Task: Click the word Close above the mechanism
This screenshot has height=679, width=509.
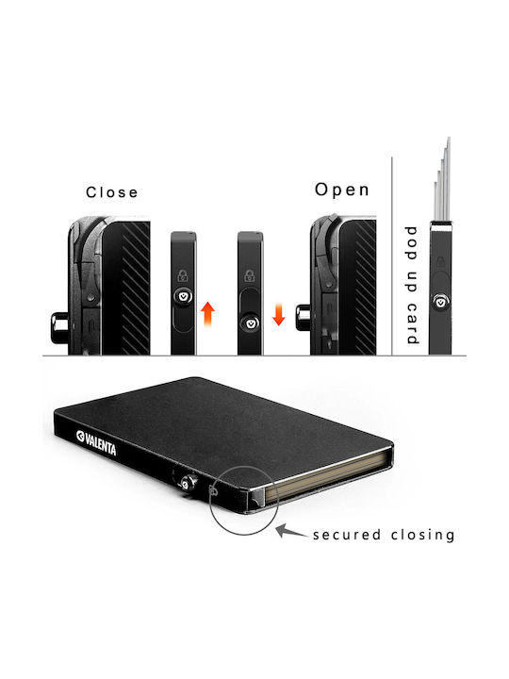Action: click(111, 192)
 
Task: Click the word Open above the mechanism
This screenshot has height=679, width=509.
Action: click(342, 190)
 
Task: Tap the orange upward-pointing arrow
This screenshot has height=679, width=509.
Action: click(207, 313)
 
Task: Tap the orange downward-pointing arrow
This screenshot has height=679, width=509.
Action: click(279, 314)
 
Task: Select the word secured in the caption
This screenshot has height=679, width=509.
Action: click(347, 535)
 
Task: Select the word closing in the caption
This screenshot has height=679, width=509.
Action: click(422, 535)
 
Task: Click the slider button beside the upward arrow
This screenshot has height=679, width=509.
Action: click(184, 297)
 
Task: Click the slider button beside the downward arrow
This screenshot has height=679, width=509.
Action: click(250, 323)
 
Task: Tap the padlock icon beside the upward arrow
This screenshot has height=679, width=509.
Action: click(183, 275)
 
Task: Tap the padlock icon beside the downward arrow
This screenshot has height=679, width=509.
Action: click(249, 275)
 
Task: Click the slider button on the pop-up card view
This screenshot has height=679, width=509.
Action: click(440, 302)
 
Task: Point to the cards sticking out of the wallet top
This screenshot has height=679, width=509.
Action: click(442, 180)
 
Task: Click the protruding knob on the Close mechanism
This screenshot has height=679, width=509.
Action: click(59, 328)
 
